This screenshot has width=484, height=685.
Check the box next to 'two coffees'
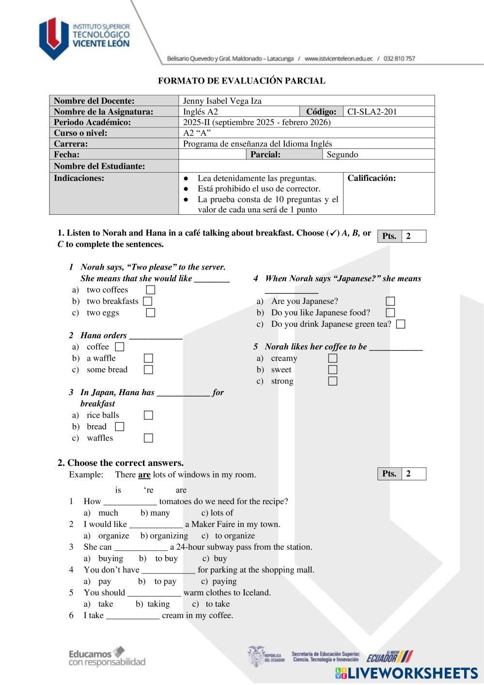pyautogui.click(x=151, y=290)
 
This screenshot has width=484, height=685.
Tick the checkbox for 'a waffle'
pyautogui.click(x=149, y=358)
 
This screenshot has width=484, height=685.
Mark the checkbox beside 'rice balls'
pyautogui.click(x=149, y=415)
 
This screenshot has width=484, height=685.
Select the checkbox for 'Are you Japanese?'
pyautogui.click(x=390, y=302)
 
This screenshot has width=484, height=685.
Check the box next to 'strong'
pyautogui.click(x=333, y=381)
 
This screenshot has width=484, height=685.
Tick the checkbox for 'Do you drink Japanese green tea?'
pyautogui.click(x=401, y=324)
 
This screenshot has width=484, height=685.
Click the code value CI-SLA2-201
pyautogui.click(x=372, y=112)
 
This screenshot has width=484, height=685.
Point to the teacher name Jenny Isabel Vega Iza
pyautogui.click(x=222, y=101)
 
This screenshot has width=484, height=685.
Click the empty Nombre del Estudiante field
pyautogui.click(x=306, y=166)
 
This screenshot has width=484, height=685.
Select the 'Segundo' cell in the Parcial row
pyautogui.click(x=343, y=155)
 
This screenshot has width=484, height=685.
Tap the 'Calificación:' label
pyautogui.click(x=372, y=178)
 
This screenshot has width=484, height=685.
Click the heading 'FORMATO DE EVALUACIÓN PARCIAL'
pyautogui.click(x=242, y=81)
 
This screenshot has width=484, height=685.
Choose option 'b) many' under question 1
pyautogui.click(x=156, y=513)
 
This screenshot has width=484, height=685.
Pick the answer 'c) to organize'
pyautogui.click(x=228, y=536)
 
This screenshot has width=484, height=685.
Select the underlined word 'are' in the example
pyautogui.click(x=144, y=475)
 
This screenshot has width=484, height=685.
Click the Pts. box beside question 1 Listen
pyautogui.click(x=402, y=236)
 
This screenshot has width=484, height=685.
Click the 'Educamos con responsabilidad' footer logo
pyautogui.click(x=107, y=657)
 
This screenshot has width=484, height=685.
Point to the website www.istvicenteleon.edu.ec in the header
pyautogui.click(x=339, y=59)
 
